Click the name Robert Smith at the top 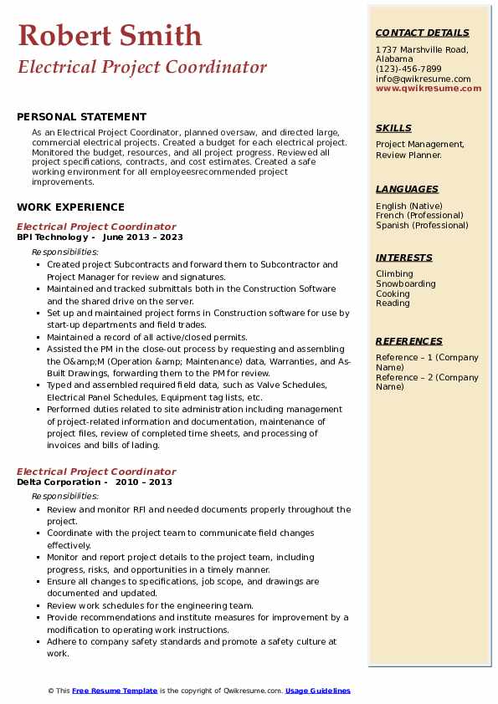(x=110, y=35)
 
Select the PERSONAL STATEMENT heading (x=81, y=117)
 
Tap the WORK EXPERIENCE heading (x=70, y=207)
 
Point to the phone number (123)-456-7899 (x=408, y=69)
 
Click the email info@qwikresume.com (x=423, y=79)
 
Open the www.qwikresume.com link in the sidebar (x=429, y=88)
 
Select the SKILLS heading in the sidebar (x=393, y=128)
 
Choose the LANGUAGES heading (x=407, y=189)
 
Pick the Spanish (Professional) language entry (x=423, y=225)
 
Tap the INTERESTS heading (x=404, y=258)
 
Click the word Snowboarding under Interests (x=406, y=284)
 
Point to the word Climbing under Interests (x=394, y=274)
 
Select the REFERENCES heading (x=409, y=341)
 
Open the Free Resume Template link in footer (x=115, y=691)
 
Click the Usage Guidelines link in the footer (x=317, y=691)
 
